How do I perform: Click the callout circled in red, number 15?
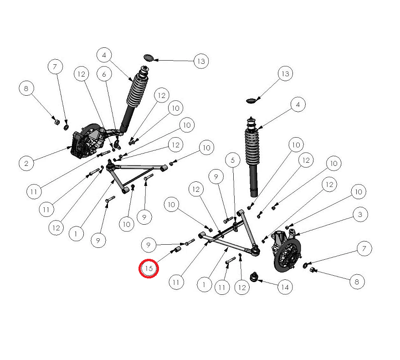point(149,268)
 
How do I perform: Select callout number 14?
point(285,287)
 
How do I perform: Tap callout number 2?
point(26,163)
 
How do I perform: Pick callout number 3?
point(360,214)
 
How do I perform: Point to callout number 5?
point(233,160)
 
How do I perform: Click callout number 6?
point(104,74)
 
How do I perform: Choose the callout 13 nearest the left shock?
point(201,61)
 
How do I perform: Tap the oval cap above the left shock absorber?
point(149,58)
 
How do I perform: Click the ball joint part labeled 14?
point(254,277)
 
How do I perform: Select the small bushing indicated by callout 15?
point(177,249)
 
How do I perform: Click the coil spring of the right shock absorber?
point(252,147)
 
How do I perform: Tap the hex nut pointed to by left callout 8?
point(56,122)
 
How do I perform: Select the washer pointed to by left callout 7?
point(66,127)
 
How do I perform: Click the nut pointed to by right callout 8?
point(312,269)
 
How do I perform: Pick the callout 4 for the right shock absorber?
point(298,104)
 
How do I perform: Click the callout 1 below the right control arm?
point(205,284)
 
